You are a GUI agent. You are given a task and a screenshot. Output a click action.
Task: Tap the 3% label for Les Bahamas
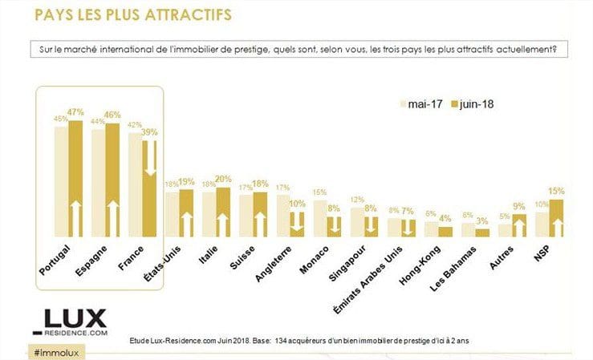coord(482,221)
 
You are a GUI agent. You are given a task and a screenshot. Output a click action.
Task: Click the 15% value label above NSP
coord(556,192)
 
